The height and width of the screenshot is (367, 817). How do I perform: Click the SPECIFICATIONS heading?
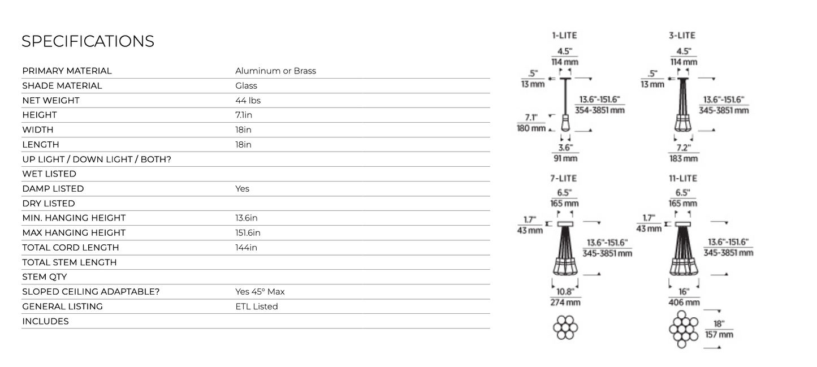(x=88, y=41)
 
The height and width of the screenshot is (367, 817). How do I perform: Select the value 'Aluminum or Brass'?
(x=275, y=71)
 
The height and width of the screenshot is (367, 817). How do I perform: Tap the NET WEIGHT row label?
(x=51, y=100)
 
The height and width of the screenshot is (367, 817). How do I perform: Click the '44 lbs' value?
(x=248, y=100)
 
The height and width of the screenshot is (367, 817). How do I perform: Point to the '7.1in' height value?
(x=244, y=115)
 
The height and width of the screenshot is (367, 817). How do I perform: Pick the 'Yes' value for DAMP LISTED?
(x=242, y=189)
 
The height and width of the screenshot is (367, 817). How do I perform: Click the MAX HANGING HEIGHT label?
(x=74, y=233)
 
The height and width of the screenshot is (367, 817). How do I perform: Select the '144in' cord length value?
(x=246, y=248)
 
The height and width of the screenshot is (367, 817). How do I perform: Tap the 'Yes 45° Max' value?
(x=260, y=292)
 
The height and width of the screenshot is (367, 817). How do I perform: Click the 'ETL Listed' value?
(x=256, y=306)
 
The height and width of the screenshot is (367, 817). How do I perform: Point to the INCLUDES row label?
(x=45, y=321)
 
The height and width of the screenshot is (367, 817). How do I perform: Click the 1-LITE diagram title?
(x=564, y=36)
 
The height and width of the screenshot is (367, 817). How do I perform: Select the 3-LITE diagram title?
(x=682, y=36)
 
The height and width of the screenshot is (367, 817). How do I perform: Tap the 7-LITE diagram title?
(x=564, y=178)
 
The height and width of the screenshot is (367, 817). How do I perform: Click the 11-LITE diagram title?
(x=683, y=178)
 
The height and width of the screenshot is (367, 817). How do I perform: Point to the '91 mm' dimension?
(x=565, y=158)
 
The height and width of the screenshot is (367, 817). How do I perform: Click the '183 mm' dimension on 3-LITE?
(x=684, y=159)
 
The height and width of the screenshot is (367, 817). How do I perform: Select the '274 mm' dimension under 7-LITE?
(x=565, y=303)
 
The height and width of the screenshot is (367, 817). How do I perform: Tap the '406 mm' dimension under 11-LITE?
(x=684, y=303)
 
